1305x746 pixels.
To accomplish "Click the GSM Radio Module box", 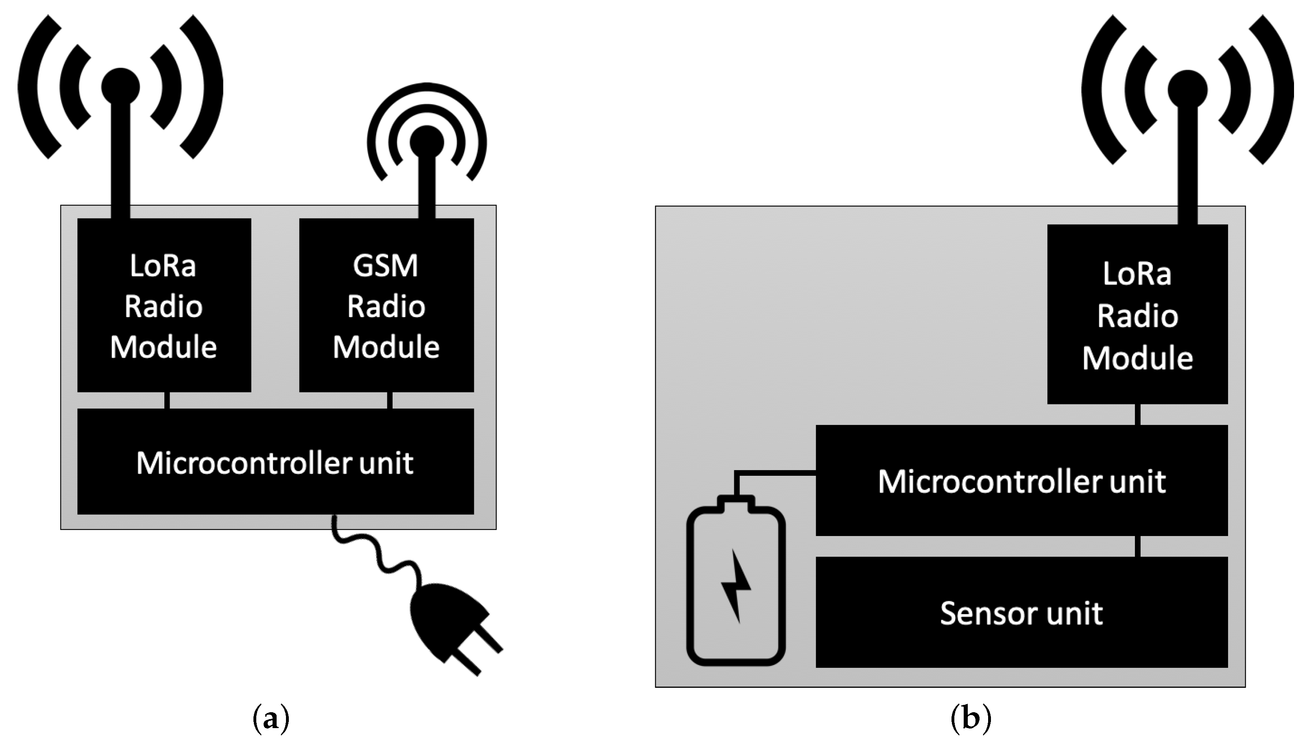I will [386, 305].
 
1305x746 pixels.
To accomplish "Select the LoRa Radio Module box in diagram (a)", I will [164, 305].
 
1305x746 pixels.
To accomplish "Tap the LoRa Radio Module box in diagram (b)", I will [1137, 314].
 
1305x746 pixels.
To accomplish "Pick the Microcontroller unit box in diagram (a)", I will [275, 461].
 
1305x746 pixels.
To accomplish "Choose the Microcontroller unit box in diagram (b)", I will [1021, 480].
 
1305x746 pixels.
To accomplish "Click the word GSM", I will [386, 266].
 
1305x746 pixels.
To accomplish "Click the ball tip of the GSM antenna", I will [426, 141].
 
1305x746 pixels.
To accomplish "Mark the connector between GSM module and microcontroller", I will [390, 400].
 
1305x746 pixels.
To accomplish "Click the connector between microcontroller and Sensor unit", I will [1137, 546].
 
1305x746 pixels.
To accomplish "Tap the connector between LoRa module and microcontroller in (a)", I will [167, 400].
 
